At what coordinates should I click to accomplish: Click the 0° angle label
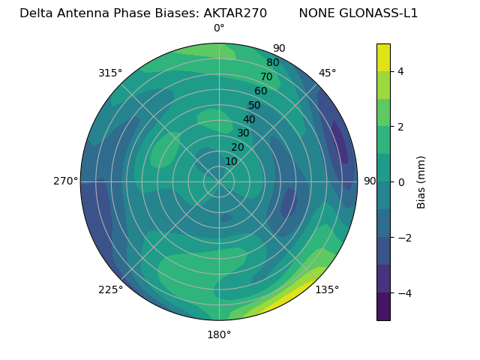pos(219,28)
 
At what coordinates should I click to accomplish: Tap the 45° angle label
pos(327,73)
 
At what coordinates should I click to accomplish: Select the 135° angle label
pos(327,289)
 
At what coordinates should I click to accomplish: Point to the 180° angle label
pos(219,334)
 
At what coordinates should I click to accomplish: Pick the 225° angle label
pos(110,289)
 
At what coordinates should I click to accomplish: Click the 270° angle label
pos(66,181)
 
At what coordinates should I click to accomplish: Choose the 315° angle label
pos(110,73)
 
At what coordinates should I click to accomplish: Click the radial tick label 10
pos(231,161)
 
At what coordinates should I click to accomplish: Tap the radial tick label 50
pos(254,105)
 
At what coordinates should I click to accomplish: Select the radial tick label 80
pos(272,62)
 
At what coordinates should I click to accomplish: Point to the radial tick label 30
pos(243,133)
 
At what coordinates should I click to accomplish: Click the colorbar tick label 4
pos(401,71)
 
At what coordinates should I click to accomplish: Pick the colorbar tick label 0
pos(401,181)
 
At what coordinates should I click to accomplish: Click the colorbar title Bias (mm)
pos(421,181)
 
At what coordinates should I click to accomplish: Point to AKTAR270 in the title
pos(235,13)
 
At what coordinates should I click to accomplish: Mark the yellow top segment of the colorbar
pos(383,57)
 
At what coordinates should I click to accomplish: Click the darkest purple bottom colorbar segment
pos(383,306)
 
